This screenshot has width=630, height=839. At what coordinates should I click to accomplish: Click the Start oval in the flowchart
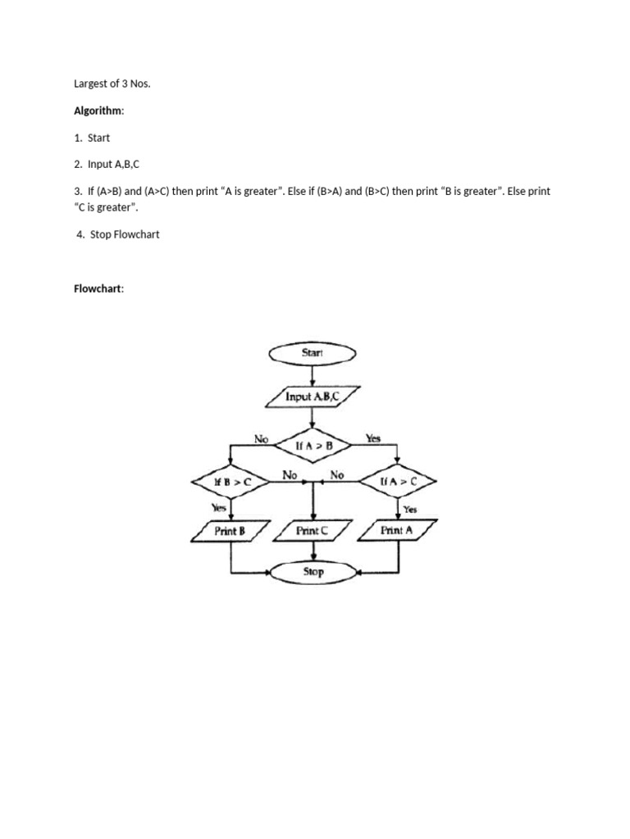(313, 353)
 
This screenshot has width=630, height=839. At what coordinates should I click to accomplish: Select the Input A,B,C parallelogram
(312, 397)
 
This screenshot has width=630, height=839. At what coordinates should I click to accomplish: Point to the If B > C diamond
(231, 483)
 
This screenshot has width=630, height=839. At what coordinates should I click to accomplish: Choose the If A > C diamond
(399, 483)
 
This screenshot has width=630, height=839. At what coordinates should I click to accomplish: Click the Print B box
(231, 531)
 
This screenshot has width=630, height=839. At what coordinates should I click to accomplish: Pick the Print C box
(312, 531)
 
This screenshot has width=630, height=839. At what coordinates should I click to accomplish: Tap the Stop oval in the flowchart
(313, 572)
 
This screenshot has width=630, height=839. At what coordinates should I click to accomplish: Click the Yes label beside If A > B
(373, 439)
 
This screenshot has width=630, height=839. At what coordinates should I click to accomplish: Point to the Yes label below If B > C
(219, 508)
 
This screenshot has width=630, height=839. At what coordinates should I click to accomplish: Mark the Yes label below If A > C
(410, 509)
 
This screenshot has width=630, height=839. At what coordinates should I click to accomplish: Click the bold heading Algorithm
(98, 110)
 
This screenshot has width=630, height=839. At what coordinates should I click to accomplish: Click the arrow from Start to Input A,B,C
(313, 374)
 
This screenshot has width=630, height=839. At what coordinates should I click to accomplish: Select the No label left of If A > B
(262, 439)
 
